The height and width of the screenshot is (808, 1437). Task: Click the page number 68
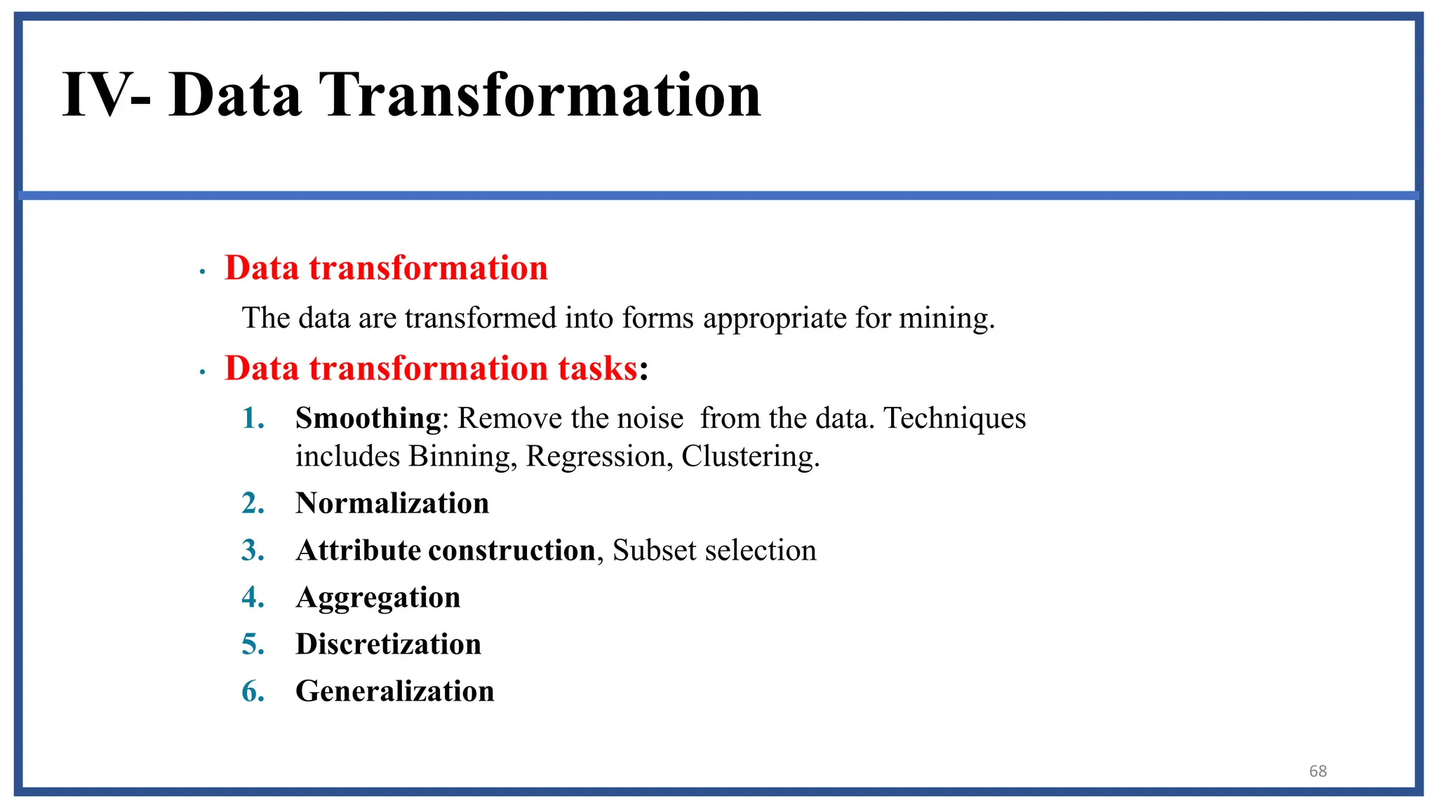pos(1318,771)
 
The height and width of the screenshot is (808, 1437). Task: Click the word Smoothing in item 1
pos(368,419)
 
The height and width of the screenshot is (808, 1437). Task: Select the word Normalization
pos(392,503)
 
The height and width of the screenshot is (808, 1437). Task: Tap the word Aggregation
pos(378,598)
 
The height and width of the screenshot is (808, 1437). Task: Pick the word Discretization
pos(388,644)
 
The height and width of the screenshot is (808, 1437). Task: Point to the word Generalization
pos(395,691)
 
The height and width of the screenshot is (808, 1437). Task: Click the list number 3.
pos(253,551)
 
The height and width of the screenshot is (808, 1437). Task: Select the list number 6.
pos(253,692)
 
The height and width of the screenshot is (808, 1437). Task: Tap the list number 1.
pos(253,419)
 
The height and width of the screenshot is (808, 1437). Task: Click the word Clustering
pos(750,457)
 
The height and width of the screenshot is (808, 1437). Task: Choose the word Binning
pos(462,457)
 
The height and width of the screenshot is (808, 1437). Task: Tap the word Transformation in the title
pos(540,95)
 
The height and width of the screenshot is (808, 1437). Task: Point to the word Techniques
pos(955,419)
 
